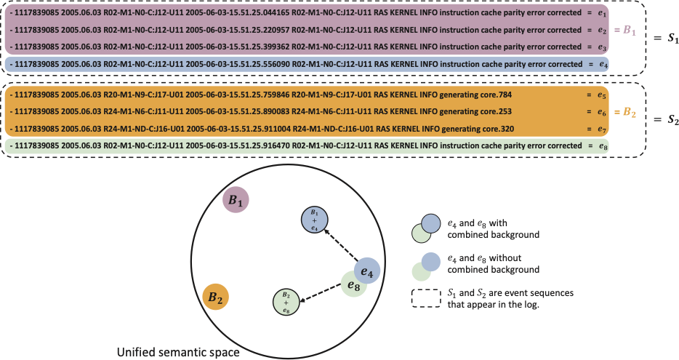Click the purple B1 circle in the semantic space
pyautogui.click(x=234, y=200)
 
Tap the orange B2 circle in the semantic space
pyautogui.click(x=215, y=297)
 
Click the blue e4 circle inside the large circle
pyautogui.click(x=367, y=272)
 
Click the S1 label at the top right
pyautogui.click(x=665, y=37)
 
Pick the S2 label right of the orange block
pyautogui.click(x=665, y=119)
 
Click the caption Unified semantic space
pyautogui.click(x=179, y=353)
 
